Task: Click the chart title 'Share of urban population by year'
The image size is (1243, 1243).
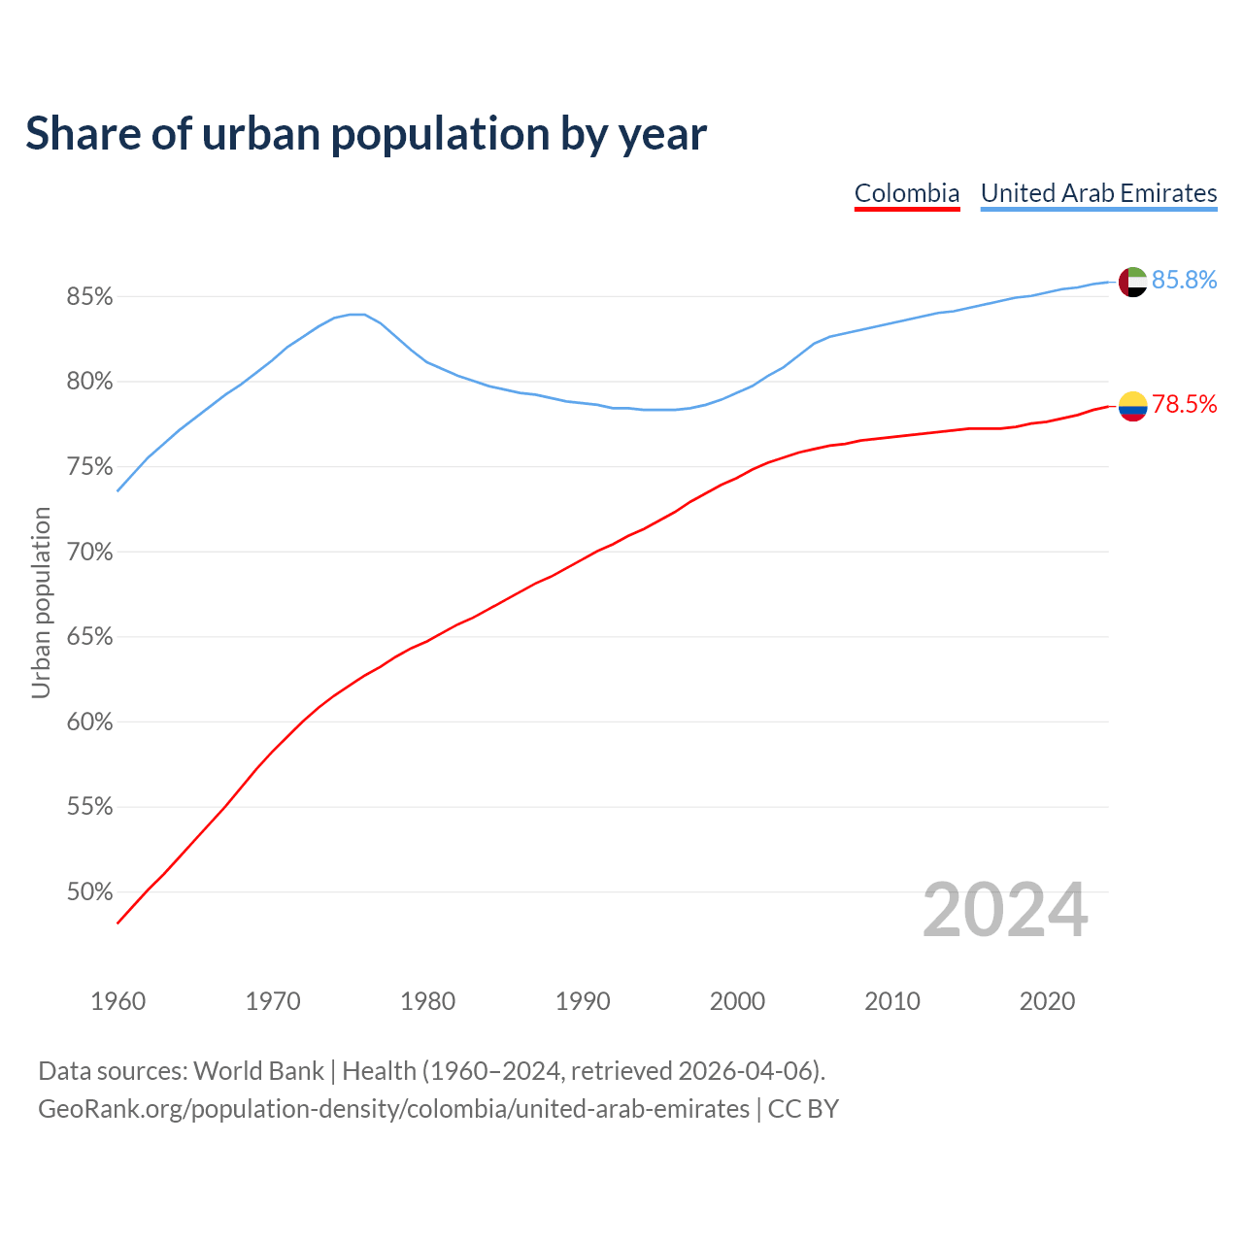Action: pos(366,134)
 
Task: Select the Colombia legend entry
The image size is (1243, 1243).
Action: pos(907,193)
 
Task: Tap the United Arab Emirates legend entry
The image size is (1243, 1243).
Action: pos(1098,193)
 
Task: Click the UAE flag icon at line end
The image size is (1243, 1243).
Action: pos(1133,282)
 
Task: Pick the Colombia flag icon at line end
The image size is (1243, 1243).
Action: pos(1133,406)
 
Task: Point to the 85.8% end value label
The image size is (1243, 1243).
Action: pos(1184,281)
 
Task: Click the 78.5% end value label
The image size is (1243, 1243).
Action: pos(1184,405)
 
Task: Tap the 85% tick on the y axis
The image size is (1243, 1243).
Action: pos(90,297)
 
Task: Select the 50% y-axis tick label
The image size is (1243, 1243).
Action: pos(90,892)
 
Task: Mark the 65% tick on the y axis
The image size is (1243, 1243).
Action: pos(90,637)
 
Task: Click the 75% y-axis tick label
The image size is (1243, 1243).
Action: pos(90,467)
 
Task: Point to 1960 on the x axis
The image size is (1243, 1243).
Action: pos(118,1001)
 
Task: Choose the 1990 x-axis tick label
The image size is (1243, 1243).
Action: pos(583,1001)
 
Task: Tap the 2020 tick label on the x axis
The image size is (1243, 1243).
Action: pos(1047,1001)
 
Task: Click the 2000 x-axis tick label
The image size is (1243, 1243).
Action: pos(737,1001)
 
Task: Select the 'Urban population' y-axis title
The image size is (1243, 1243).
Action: pos(41,602)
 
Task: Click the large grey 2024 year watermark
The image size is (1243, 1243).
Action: pos(1005,911)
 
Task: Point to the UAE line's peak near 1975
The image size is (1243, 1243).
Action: pos(356,314)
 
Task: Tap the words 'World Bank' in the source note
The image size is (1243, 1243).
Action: pos(258,1071)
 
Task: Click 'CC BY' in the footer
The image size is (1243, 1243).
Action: pos(803,1109)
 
